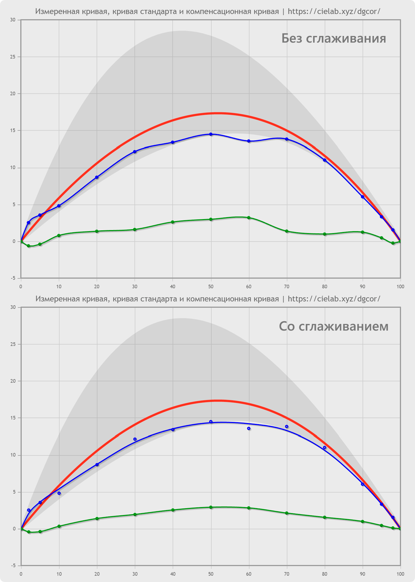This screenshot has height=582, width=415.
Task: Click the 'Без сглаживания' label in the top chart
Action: [333, 39]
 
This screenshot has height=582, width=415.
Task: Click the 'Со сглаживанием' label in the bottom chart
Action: [333, 326]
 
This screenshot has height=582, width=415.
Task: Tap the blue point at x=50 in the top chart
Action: [211, 134]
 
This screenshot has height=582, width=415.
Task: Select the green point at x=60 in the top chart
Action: [249, 218]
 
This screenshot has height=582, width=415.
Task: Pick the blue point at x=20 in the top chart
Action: [97, 177]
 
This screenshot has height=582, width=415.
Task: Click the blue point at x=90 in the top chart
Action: [363, 197]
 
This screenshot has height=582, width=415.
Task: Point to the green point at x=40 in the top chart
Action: [173, 222]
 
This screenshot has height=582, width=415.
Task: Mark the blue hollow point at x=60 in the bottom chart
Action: [249, 429]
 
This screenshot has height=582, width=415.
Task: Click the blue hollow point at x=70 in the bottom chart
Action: [287, 427]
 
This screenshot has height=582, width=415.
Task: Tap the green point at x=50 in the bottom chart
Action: [211, 507]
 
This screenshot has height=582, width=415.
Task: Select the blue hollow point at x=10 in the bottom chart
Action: [59, 493]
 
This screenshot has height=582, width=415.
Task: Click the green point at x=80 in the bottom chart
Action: [325, 517]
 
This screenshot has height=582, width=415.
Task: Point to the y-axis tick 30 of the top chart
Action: [13, 20]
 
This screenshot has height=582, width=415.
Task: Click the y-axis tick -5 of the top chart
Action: [13, 278]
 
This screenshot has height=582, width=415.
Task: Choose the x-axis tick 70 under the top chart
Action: [287, 287]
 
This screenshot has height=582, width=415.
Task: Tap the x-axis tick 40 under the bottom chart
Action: [173, 574]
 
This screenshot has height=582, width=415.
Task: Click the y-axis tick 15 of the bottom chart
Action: [13, 418]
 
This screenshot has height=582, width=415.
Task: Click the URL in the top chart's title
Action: [334, 12]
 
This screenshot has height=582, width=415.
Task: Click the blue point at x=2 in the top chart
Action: [29, 223]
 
